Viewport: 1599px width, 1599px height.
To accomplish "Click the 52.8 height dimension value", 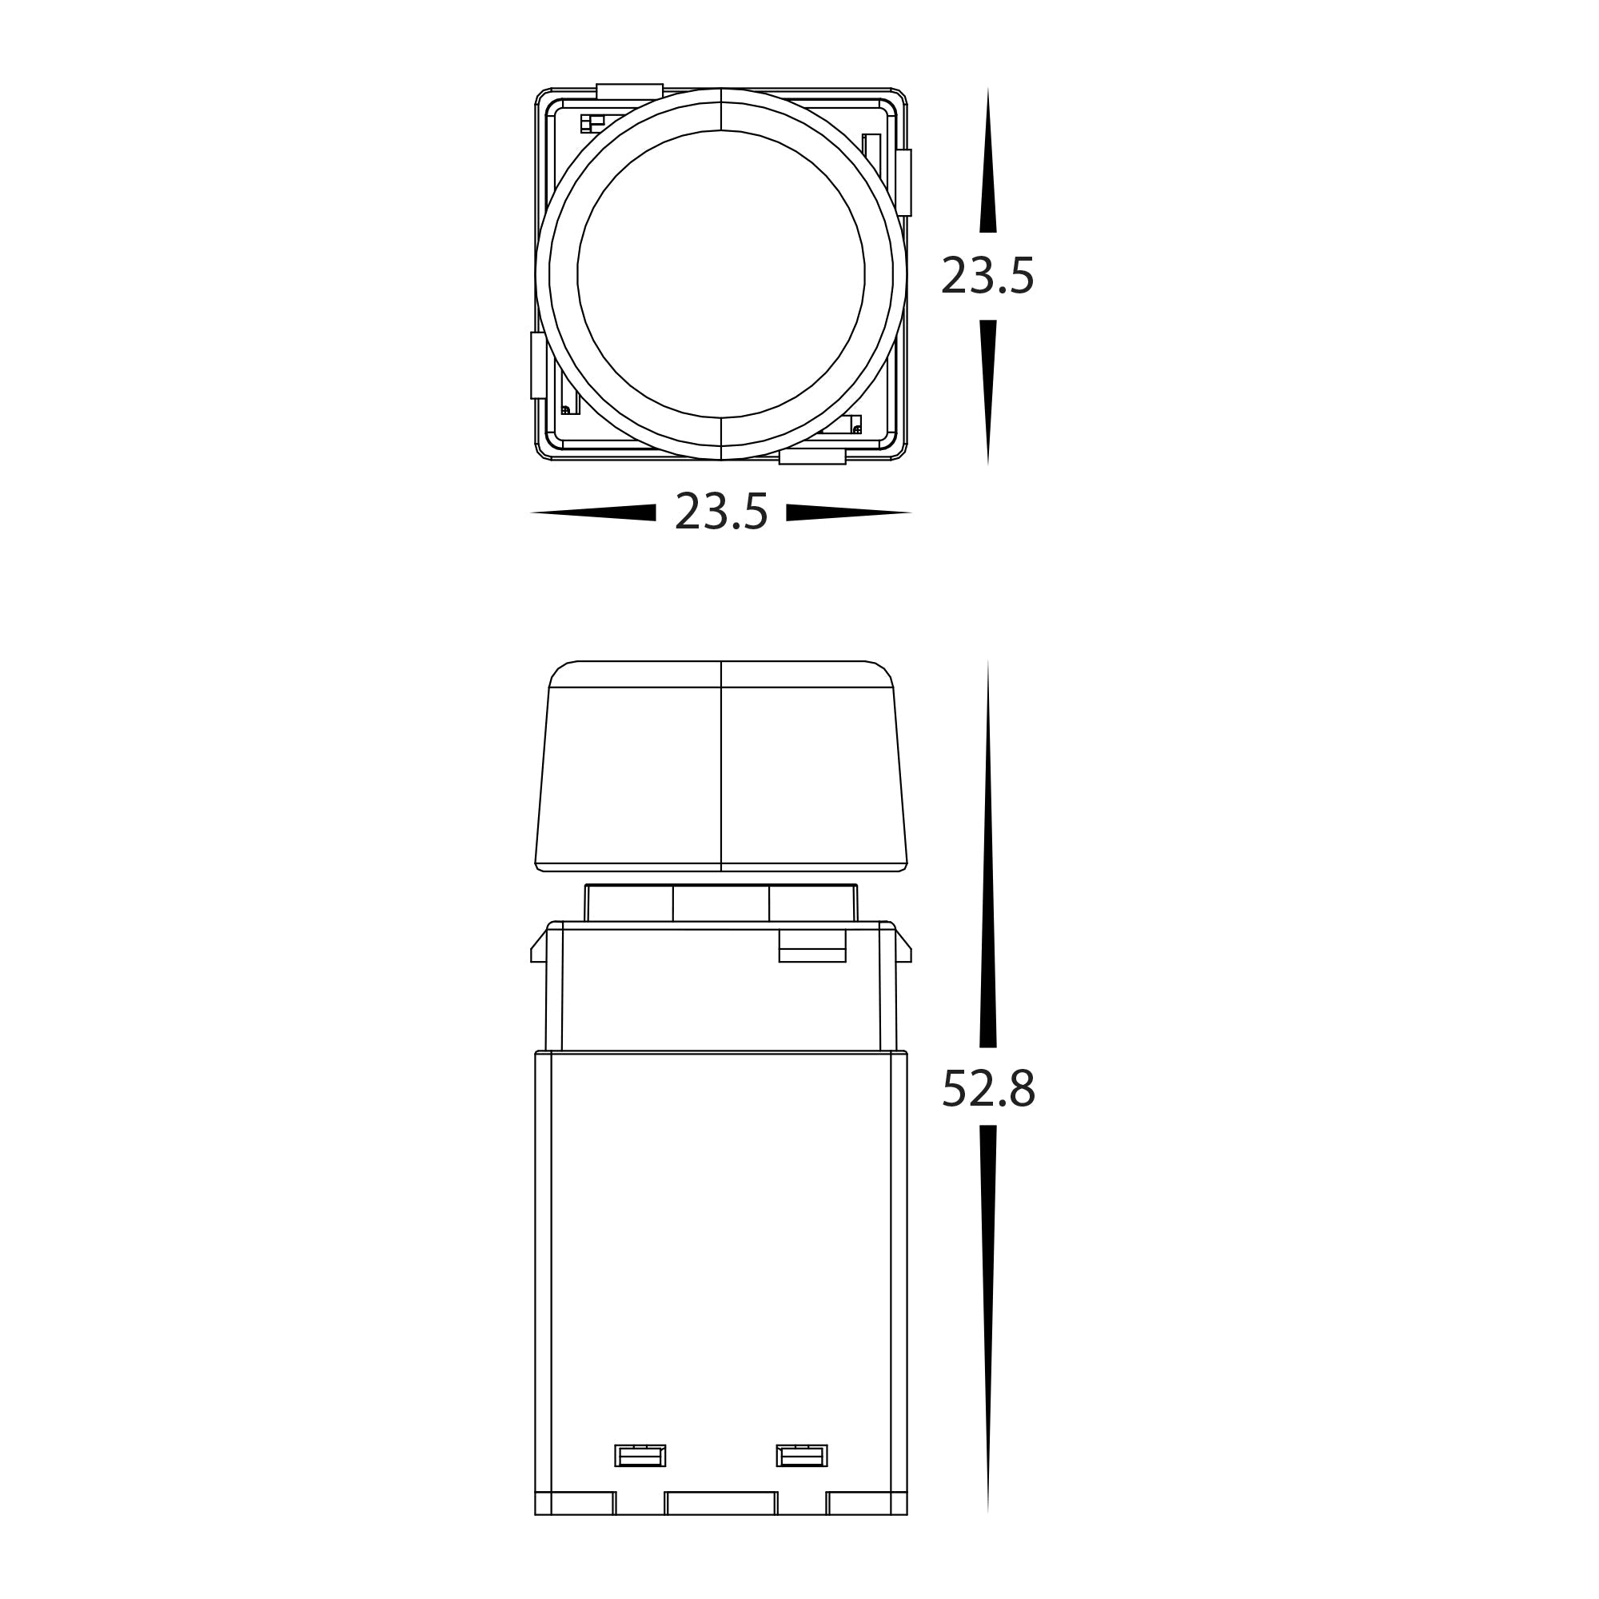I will pyautogui.click(x=988, y=1088).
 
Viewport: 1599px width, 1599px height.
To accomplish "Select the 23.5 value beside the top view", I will pyautogui.click(x=987, y=276).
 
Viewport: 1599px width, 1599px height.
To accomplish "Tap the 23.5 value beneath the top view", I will pyautogui.click(x=721, y=512).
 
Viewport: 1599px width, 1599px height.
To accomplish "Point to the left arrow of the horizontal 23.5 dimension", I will pyautogui.click(x=592, y=512).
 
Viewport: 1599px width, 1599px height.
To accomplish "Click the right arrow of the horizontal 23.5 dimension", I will pyautogui.click(x=848, y=512).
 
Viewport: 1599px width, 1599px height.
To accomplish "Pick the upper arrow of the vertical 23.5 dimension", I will pyautogui.click(x=987, y=161).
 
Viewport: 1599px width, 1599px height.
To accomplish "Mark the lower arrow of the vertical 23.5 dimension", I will pyautogui.click(x=987, y=392).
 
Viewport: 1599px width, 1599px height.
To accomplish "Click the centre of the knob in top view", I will pyautogui.click(x=721, y=274).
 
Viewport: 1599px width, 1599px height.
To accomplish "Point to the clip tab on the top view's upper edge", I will pyautogui.click(x=629, y=91).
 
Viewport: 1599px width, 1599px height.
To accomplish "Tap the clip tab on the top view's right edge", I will pyautogui.click(x=903, y=182).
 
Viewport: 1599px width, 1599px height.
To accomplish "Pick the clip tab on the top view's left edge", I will pyautogui.click(x=538, y=365).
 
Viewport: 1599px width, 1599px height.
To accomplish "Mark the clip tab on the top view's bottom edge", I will pyautogui.click(x=812, y=457).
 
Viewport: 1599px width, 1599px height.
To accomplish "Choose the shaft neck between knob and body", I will pyautogui.click(x=721, y=903).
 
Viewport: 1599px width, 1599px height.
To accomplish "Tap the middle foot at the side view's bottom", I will pyautogui.click(x=721, y=1526).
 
